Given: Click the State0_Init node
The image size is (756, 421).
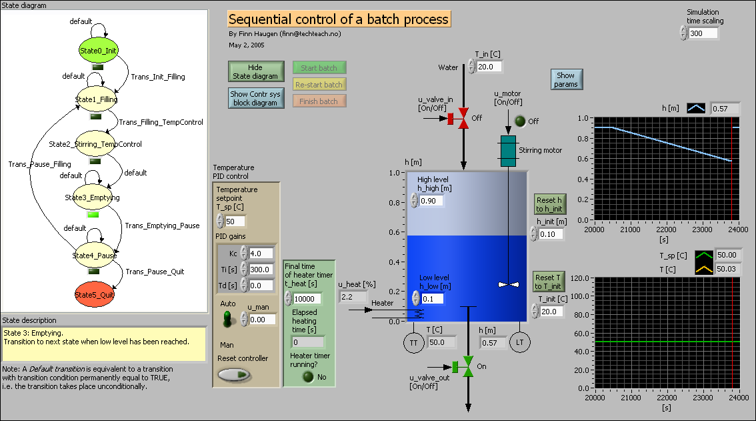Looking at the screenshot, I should [x=98, y=51].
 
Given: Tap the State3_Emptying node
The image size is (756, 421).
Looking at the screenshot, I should [x=93, y=197].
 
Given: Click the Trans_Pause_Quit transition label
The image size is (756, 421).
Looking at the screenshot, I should [x=155, y=272].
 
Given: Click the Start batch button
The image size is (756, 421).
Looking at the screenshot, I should [x=319, y=67].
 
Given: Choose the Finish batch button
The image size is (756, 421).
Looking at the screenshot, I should [x=319, y=101].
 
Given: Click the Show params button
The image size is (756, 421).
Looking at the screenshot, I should [x=565, y=79].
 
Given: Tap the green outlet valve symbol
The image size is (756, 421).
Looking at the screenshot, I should [x=468, y=366].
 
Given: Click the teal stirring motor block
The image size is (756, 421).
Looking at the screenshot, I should [x=508, y=151].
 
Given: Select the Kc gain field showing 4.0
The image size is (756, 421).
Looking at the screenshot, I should [x=261, y=254].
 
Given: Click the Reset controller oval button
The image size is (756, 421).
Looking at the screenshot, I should [x=234, y=375].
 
